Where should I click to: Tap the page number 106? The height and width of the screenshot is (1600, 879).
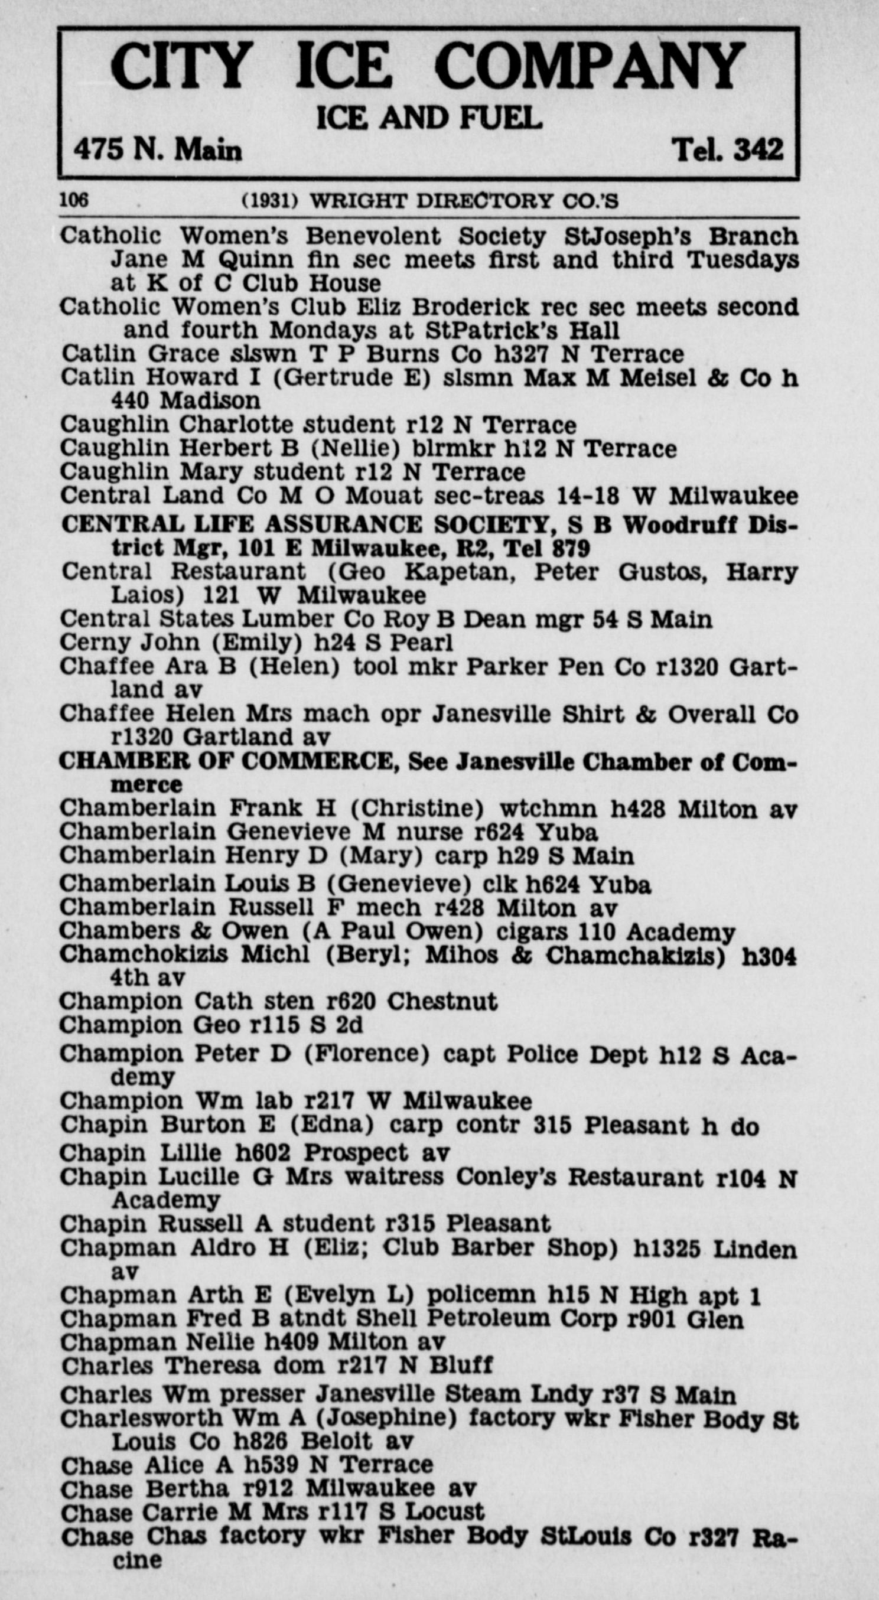click(74, 200)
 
